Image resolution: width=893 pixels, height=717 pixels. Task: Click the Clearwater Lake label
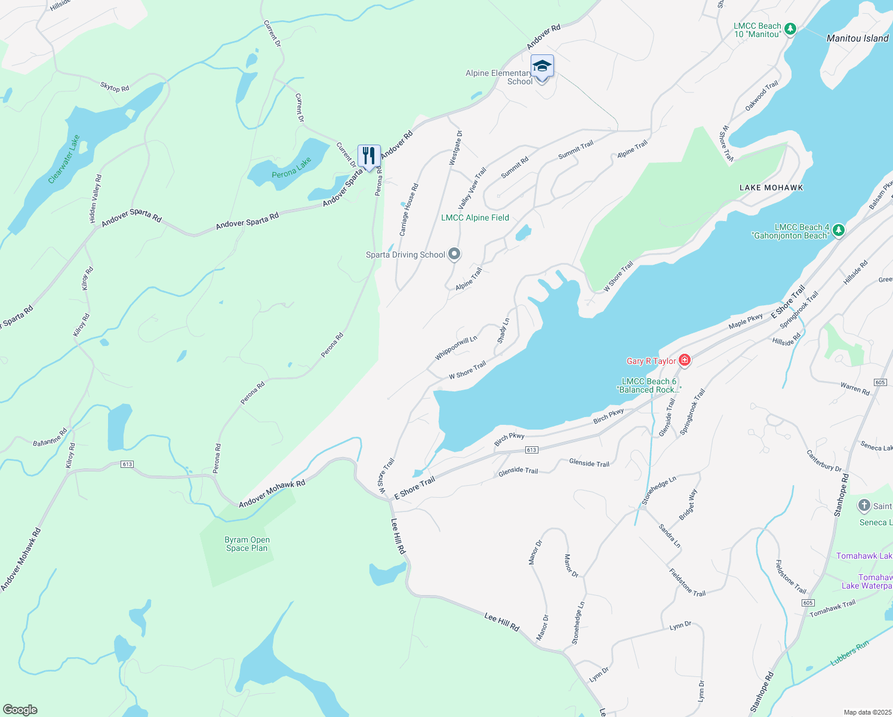click(64, 159)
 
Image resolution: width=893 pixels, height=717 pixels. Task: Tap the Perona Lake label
click(291, 168)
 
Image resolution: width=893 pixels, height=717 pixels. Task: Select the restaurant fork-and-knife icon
click(369, 156)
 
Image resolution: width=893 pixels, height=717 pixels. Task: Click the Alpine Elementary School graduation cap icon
click(541, 66)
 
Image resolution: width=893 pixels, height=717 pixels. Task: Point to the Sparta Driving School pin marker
click(454, 255)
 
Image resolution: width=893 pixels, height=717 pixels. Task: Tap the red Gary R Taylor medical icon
click(685, 360)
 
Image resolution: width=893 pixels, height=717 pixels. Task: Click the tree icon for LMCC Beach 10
click(790, 29)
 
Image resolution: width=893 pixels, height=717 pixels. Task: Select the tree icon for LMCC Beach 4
click(838, 230)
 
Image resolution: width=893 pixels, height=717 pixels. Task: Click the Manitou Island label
click(857, 38)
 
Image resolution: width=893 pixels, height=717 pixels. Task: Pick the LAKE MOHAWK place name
click(771, 188)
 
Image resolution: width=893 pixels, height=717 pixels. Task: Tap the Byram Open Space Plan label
click(247, 544)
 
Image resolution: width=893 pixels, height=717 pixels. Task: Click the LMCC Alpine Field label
click(475, 217)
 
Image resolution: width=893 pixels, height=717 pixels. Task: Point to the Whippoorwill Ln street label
click(456, 348)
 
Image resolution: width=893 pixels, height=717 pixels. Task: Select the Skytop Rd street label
click(115, 88)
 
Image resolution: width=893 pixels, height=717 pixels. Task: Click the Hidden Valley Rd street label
click(96, 199)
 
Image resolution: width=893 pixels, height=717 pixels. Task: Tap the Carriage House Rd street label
click(409, 210)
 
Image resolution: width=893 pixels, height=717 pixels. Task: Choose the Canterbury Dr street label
click(824, 461)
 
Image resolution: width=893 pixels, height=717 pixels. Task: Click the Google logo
click(20, 709)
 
